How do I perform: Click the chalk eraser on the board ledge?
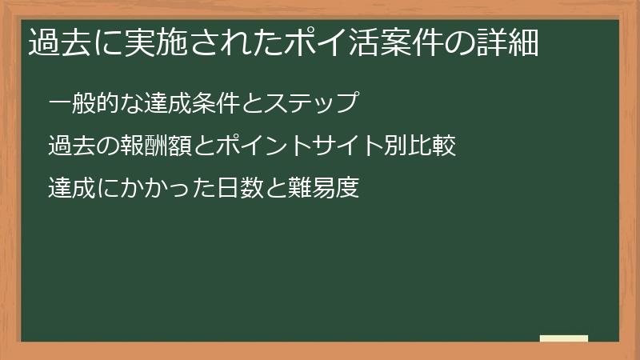564,338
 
